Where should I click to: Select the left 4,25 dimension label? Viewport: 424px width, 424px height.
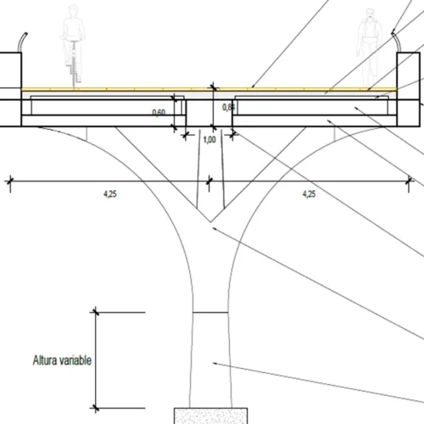coord(110,193)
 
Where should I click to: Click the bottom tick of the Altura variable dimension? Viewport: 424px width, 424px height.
coord(95,405)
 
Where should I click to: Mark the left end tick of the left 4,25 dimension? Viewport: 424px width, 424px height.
coord(10,179)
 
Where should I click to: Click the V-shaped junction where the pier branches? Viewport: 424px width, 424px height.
coord(209,226)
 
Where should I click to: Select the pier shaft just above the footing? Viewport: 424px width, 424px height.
coord(209,373)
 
